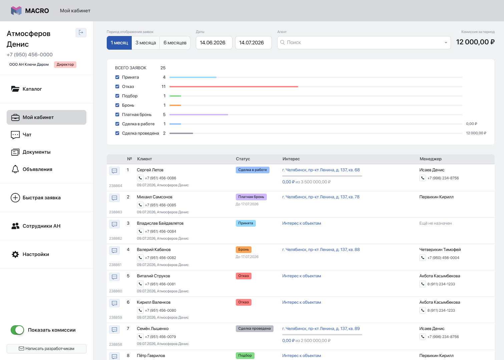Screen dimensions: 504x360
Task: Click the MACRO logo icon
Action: point(16,11)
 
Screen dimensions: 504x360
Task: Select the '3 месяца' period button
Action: point(145,43)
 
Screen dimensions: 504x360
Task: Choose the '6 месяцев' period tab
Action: point(175,43)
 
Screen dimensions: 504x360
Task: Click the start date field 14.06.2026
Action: point(214,43)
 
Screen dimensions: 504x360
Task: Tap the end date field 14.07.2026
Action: point(254,43)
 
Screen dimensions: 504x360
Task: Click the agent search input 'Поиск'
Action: point(364,43)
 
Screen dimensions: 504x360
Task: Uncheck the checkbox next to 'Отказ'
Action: point(117,87)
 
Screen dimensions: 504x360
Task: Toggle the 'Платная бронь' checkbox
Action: point(117,114)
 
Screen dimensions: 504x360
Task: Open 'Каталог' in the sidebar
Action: point(27,89)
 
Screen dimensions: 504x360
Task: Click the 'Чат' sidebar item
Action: point(21,135)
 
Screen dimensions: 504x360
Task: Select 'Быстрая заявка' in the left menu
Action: point(36,198)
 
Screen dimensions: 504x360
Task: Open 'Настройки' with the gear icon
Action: point(30,254)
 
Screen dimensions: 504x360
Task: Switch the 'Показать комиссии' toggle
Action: point(17,330)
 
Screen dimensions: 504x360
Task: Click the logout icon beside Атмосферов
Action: point(81,33)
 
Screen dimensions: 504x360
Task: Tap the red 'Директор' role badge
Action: point(65,65)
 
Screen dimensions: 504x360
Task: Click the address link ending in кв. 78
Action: point(321,197)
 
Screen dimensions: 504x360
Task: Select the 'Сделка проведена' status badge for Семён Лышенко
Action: point(255,329)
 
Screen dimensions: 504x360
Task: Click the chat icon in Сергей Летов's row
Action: point(114,171)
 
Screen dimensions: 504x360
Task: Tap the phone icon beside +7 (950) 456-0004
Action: point(423,258)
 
